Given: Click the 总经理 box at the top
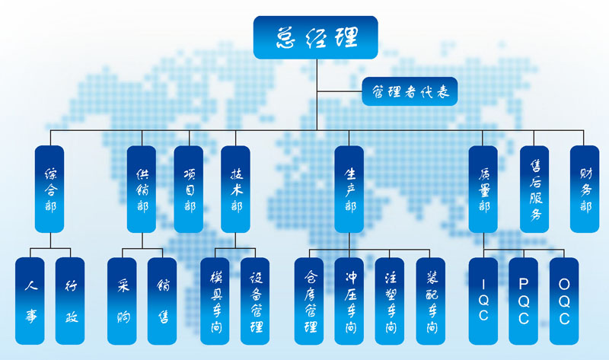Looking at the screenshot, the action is pos(315,37).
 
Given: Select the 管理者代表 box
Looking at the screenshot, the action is pos(410,91).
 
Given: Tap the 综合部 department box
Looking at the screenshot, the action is pos(49,189).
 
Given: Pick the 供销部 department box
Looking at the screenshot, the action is pos(142,189).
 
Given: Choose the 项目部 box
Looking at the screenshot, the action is pos(188,189).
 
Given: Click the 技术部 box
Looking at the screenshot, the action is pos(235,189).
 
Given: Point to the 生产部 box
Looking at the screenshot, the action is pos(349,189).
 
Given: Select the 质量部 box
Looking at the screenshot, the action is pos(483,189).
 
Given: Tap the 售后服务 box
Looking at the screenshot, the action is pos(534,189).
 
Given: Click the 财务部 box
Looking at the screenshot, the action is pos(585,189).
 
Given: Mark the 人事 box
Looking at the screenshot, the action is pos(30,301).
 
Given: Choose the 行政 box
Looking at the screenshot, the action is pos(70,301).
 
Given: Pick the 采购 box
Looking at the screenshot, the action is pos(122,301).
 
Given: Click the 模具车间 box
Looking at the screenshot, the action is pos(215,301).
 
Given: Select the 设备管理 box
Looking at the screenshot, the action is pos(255,301).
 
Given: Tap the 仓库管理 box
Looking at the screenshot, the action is pos(309,301).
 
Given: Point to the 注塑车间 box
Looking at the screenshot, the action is pos(390,301).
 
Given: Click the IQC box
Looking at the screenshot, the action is pos(483,301).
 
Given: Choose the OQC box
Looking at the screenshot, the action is pos(564,301).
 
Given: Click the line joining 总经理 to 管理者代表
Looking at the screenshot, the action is pos(340,91).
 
